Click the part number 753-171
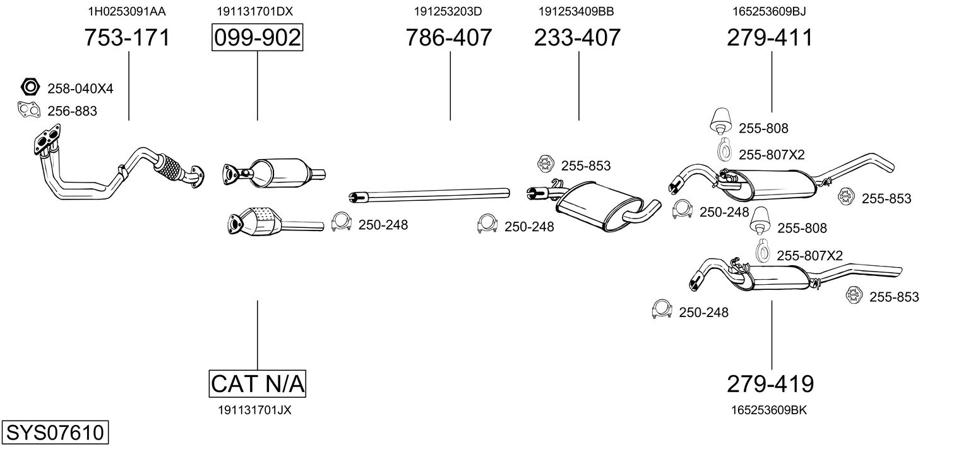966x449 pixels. tap(128, 38)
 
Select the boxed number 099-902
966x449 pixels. tap(257, 38)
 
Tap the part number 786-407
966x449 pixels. tap(449, 38)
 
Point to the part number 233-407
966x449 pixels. tap(578, 38)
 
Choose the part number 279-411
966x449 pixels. tap(770, 38)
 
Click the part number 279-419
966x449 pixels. tap(770, 383)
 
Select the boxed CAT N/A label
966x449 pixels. tap(257, 383)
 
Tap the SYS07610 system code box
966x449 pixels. tap(54, 433)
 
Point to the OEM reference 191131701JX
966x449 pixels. tap(254, 410)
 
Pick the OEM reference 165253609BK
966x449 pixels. tap(769, 410)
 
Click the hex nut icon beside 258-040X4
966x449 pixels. tap(30, 87)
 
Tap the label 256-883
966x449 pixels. tap(72, 112)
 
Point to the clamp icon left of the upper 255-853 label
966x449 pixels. tap(545, 165)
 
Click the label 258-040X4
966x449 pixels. tap(80, 89)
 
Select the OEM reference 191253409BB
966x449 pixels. tap(576, 11)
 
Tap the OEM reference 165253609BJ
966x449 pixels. tap(769, 11)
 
